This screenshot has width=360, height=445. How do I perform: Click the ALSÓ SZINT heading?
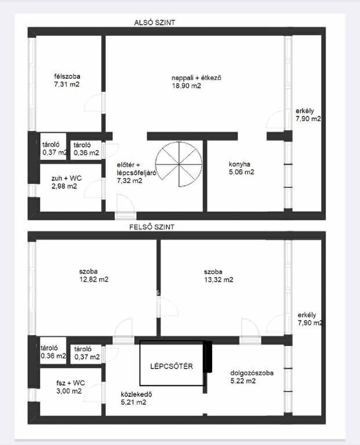coord(154,23)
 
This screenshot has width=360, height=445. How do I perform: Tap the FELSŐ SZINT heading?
coord(152,227)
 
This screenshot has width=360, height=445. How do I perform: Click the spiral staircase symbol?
coord(179,164)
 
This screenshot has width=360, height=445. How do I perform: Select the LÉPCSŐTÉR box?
coord(172,363)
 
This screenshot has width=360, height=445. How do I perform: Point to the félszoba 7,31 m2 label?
coord(67,81)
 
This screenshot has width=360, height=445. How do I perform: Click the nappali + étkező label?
coord(196,78)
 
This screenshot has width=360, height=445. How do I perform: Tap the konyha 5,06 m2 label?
coord(241,168)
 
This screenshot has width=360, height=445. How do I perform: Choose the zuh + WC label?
coord(67,178)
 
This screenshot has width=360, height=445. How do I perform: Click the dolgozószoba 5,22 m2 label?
coord(252,377)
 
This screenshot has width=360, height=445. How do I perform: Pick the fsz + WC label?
coord(70,383)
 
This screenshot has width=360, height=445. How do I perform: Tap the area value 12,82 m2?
coord(94,279)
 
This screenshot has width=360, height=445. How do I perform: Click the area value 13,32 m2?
coord(219,280)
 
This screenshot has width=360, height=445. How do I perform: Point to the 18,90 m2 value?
coord(186,86)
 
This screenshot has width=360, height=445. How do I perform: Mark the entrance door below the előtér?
coord(126,207)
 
